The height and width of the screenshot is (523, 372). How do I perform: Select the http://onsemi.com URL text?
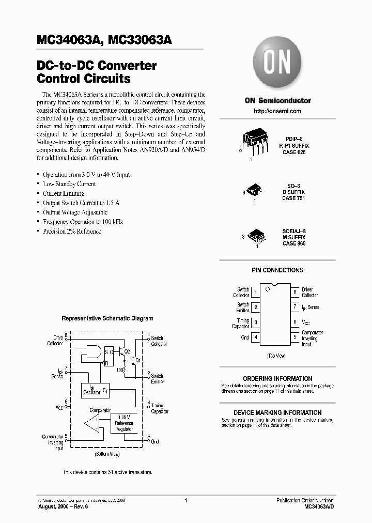(277, 111)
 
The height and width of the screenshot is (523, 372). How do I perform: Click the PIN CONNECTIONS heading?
(277, 270)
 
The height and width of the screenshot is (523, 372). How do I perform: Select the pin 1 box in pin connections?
(256, 293)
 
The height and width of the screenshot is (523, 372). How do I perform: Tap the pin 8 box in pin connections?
(295, 293)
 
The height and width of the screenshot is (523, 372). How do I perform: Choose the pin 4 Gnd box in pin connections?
(256, 337)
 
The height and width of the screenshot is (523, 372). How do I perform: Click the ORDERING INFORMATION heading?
(277, 379)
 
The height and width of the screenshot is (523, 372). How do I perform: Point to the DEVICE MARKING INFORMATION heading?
(277, 413)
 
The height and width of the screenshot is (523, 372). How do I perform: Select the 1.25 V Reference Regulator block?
(124, 423)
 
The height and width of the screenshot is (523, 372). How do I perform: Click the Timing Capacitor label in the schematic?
(158, 408)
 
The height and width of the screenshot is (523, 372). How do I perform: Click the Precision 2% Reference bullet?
(72, 232)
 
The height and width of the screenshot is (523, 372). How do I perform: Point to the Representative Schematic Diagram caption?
(107, 319)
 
